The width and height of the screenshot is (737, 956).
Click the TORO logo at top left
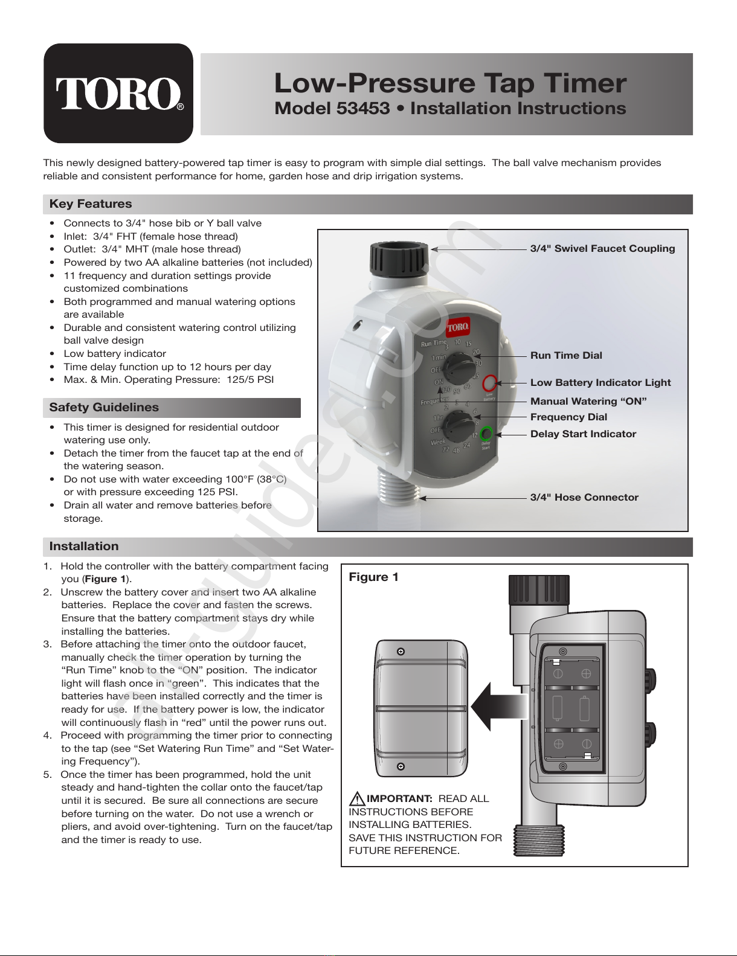tap(118, 93)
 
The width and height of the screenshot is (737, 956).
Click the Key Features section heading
tap(91, 204)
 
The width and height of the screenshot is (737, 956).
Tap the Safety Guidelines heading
tap(104, 408)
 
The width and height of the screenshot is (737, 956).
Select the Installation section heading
tap(84, 547)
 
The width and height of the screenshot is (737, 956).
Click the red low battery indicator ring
tap(490, 383)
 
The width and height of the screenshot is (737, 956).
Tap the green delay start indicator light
tap(487, 433)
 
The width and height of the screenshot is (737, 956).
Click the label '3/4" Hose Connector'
tap(584, 498)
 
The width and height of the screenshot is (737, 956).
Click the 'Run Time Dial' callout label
tap(566, 356)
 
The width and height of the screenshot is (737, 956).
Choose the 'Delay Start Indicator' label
tap(583, 434)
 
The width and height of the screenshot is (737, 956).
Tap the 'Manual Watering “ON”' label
tap(588, 402)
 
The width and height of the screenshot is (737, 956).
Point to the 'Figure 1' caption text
tap(373, 577)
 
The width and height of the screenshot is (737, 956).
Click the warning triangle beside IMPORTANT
tap(357, 798)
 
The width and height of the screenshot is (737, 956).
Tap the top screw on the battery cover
tap(401, 652)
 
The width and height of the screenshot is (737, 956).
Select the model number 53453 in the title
tap(362, 109)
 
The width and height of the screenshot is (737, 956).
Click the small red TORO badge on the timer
tap(457, 327)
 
